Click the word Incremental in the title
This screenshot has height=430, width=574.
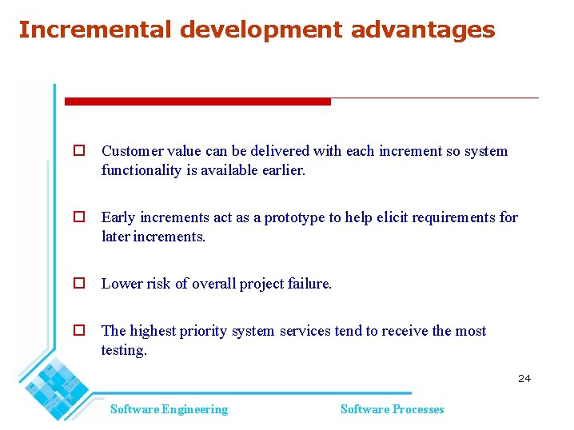point(95,30)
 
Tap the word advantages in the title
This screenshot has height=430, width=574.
point(423,30)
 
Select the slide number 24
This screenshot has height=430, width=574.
point(524,378)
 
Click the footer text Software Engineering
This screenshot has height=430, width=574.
point(169,409)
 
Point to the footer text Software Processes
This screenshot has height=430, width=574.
point(392,409)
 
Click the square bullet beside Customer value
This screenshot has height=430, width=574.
point(79,150)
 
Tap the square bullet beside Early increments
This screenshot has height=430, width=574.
point(79,217)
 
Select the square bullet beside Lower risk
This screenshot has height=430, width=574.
point(79,283)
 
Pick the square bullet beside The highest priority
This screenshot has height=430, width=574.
point(79,330)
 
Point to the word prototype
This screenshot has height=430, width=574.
point(294,217)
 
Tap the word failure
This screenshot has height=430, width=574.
point(309,284)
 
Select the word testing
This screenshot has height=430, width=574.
point(124,351)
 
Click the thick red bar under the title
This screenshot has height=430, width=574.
point(197,102)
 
